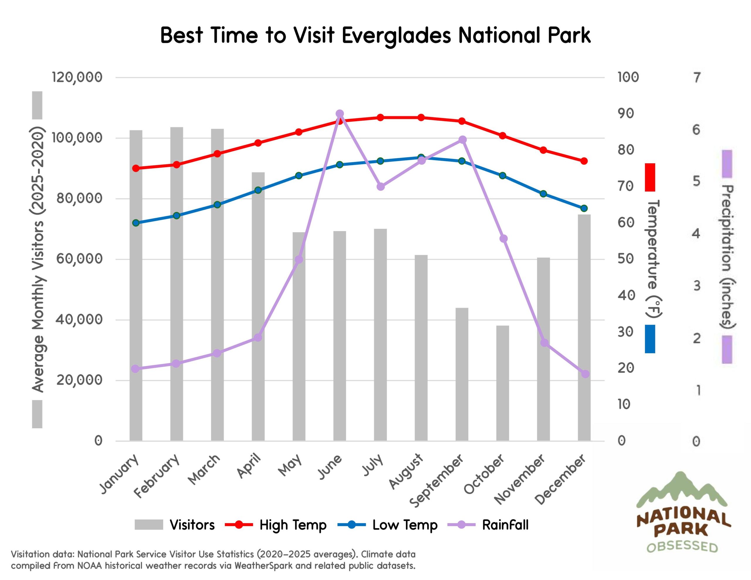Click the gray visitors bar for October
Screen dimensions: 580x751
click(503, 383)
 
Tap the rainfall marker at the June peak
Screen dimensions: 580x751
click(340, 114)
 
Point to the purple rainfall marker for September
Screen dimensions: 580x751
click(463, 140)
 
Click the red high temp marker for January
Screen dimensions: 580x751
click(136, 168)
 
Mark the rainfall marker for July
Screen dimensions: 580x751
click(381, 187)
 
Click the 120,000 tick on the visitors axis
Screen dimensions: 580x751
click(77, 77)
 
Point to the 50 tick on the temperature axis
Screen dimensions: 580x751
click(625, 259)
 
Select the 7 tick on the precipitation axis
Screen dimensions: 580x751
click(697, 78)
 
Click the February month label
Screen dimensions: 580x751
click(158, 476)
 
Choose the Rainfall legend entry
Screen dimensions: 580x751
click(505, 525)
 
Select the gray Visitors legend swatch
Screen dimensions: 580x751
click(148, 525)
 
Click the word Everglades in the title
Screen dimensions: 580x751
click(396, 35)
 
